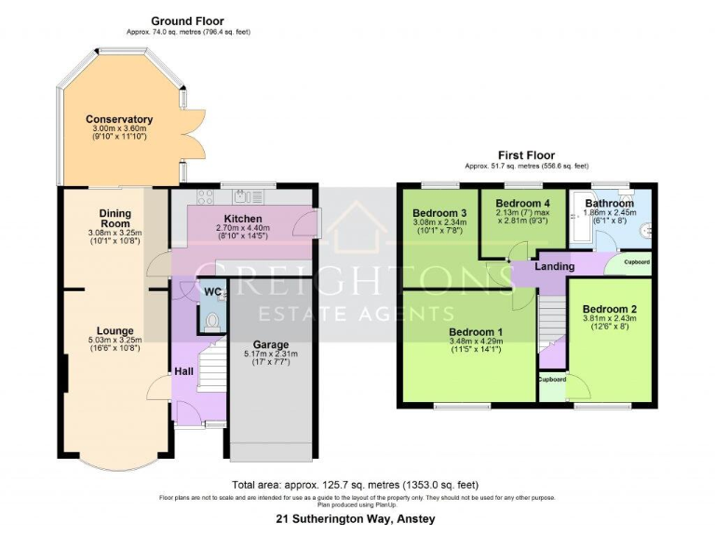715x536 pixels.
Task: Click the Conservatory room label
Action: pos(119,119)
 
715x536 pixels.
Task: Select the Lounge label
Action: pos(115,330)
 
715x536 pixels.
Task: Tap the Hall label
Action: pos(183,371)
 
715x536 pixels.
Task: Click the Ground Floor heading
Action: pos(188,20)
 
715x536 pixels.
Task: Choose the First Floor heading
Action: pos(526,155)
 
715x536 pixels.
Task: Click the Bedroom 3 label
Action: pos(438,212)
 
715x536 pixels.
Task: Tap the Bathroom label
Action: pos(610,203)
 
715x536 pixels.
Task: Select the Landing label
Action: pos(554,267)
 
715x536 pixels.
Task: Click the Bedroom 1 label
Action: pos(476,332)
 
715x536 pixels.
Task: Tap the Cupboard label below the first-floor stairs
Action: pos(551,380)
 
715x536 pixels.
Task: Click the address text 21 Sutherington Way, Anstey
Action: pos(357,518)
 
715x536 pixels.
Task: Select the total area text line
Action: pos(356,485)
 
